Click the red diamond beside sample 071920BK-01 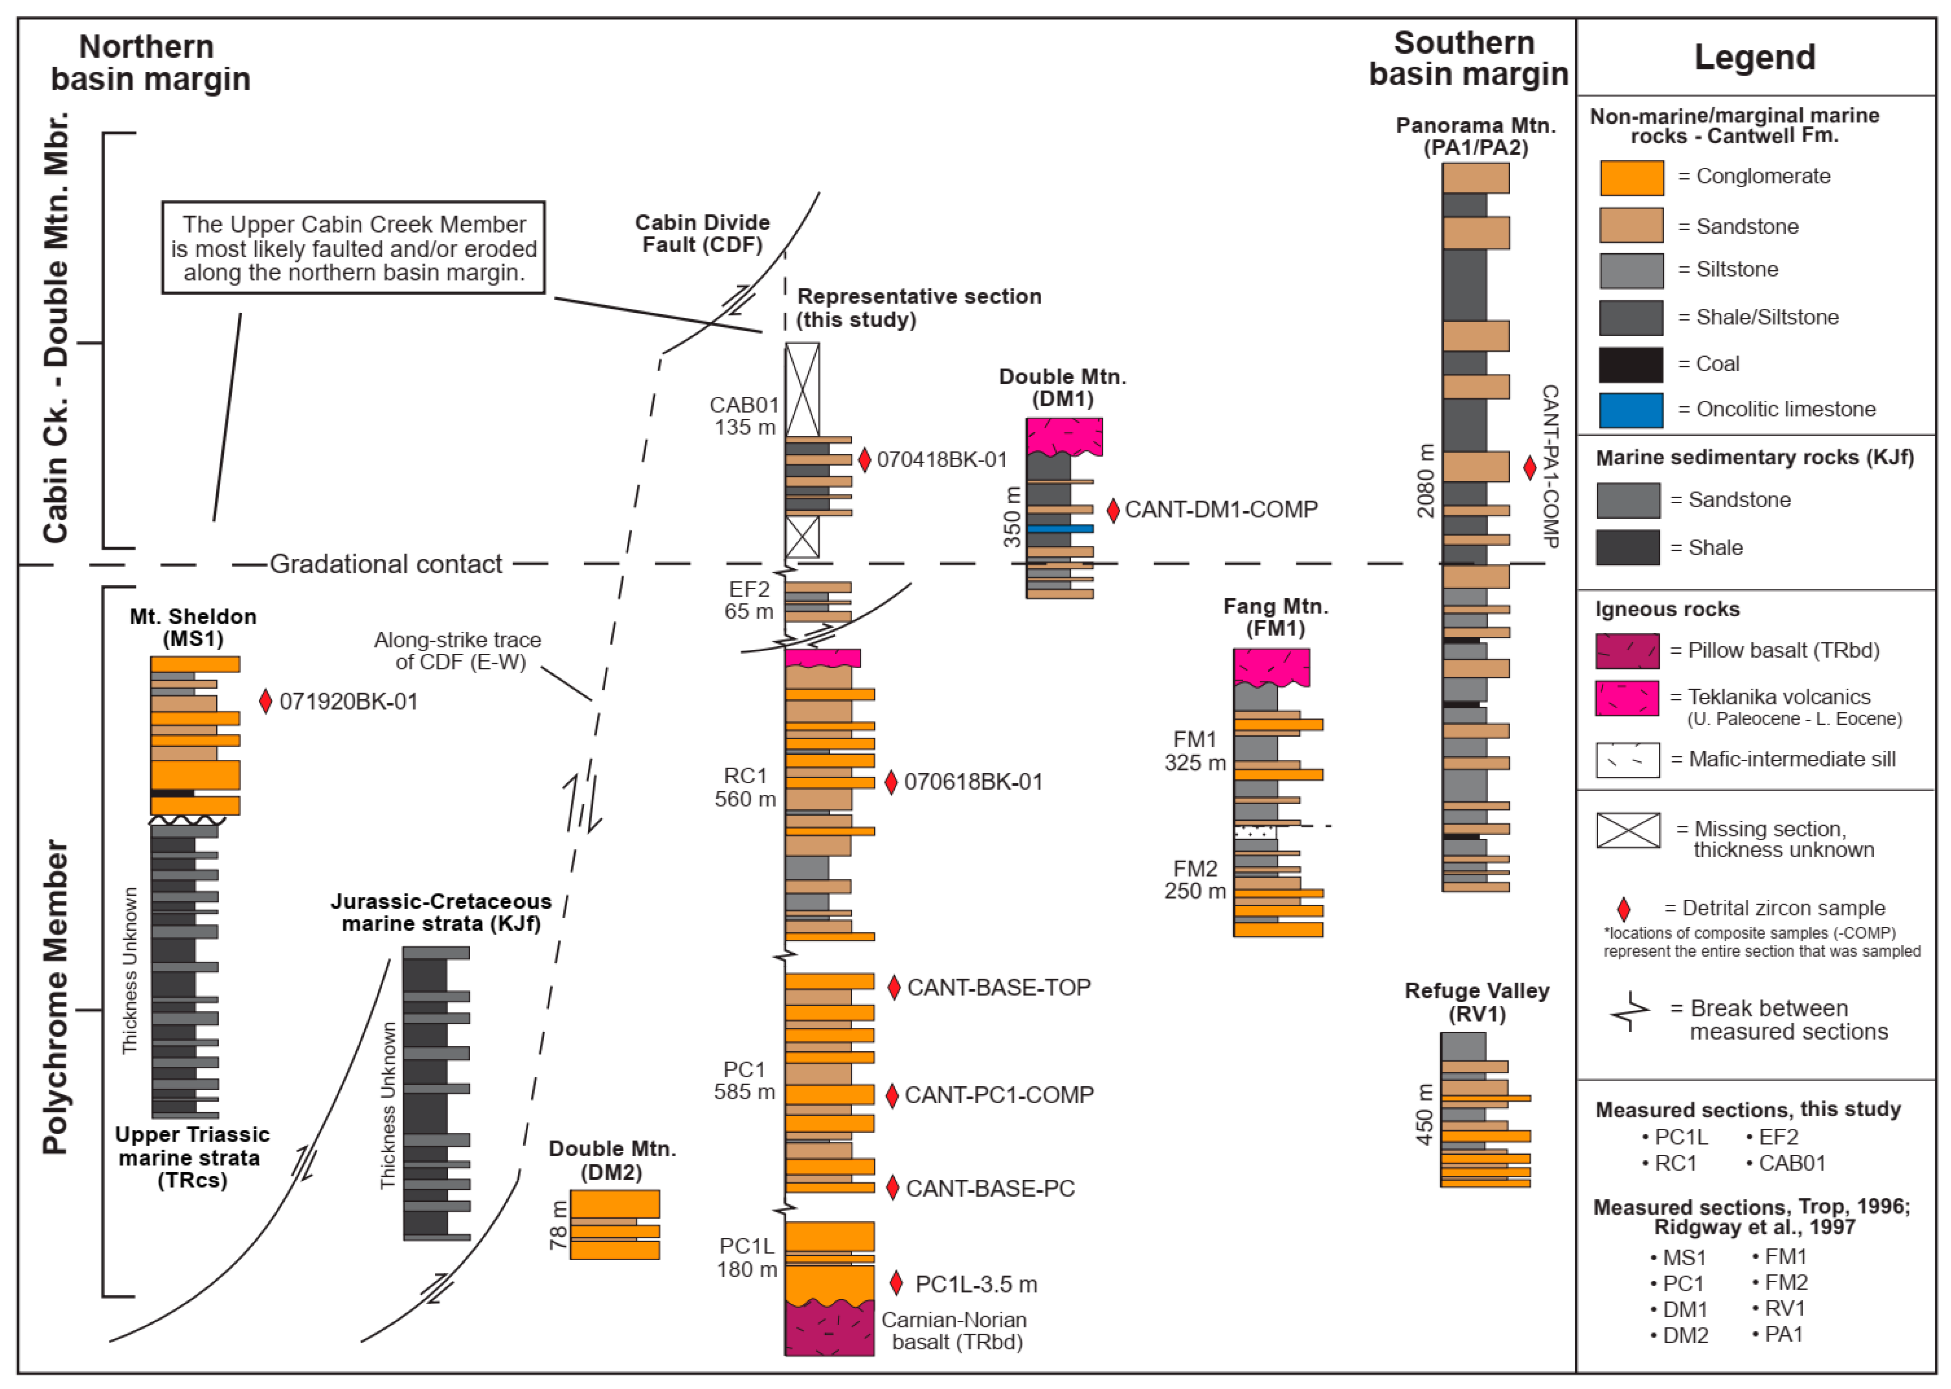[265, 701]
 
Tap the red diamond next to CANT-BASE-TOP [894, 988]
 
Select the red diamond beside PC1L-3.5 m [897, 1283]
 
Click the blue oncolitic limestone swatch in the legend [1630, 410]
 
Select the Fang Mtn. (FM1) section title [1275, 617]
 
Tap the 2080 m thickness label [1425, 480]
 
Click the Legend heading [1754, 57]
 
